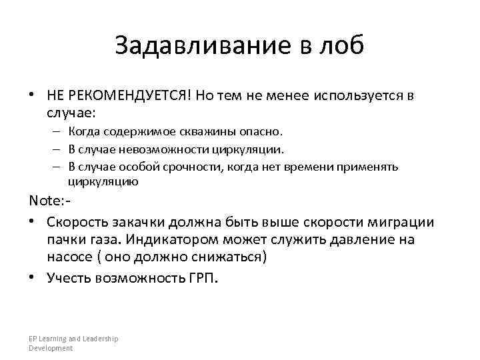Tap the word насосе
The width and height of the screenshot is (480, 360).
(69, 257)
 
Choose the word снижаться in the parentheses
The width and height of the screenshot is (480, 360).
(227, 257)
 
